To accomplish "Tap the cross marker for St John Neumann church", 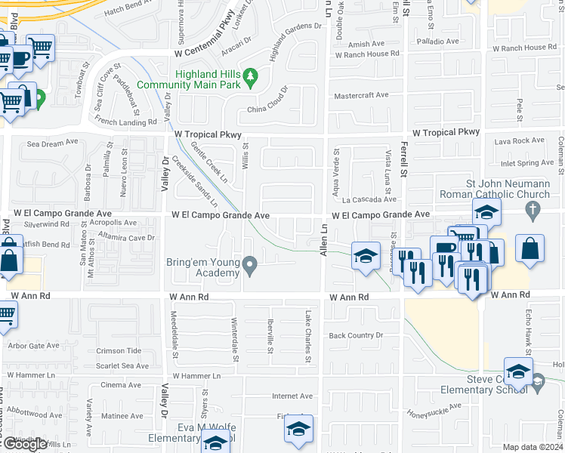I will [x=533, y=209].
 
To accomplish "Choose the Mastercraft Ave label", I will [x=361, y=95].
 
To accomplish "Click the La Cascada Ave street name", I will [x=369, y=199].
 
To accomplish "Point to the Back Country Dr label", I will [x=356, y=335].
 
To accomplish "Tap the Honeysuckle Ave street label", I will [x=434, y=409].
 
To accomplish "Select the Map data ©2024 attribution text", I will [x=533, y=447].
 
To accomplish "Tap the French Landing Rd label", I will [x=125, y=121].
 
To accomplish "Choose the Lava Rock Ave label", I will [x=518, y=140].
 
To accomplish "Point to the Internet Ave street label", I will [x=292, y=396].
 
